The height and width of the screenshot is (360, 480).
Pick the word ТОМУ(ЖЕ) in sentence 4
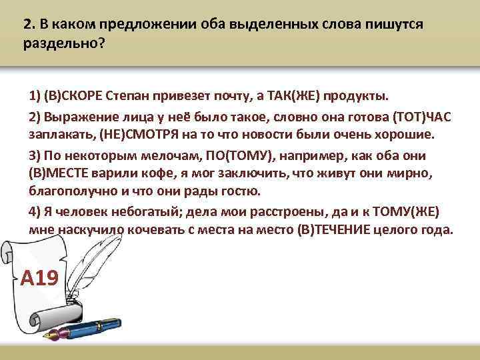coord(404,211)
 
